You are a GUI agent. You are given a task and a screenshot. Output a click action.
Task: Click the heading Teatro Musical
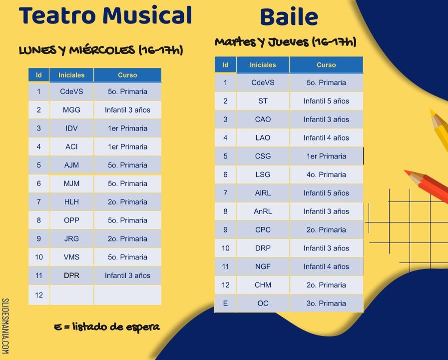tap(105, 15)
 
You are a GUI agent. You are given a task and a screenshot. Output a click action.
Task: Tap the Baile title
tap(289, 17)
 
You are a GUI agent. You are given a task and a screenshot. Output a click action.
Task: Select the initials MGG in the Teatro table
tap(71, 110)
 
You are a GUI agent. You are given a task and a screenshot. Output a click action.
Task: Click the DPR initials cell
tap(71, 275)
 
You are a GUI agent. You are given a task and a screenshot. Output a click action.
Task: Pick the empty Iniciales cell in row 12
tap(71, 295)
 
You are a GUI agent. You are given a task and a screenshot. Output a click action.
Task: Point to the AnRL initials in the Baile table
tap(263, 211)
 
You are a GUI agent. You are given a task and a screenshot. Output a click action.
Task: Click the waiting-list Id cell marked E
tap(225, 303)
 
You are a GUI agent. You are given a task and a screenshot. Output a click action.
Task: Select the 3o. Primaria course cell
tap(326, 303)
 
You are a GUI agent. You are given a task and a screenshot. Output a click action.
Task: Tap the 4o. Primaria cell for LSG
tap(326, 174)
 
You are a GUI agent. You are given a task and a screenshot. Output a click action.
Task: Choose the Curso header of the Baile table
tap(326, 65)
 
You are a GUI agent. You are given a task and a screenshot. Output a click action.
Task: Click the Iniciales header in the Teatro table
tap(71, 75)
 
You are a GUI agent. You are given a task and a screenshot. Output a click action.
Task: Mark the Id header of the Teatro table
tap(38, 75)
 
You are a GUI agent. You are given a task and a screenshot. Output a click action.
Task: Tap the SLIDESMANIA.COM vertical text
tap(5, 326)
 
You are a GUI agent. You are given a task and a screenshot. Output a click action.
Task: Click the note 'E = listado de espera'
tap(106, 327)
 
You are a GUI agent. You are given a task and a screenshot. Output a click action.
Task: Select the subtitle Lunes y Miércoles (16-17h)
tap(101, 50)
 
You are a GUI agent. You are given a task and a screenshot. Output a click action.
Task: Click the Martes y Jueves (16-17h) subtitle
tap(285, 42)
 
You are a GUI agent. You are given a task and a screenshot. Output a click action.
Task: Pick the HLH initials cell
tap(71, 202)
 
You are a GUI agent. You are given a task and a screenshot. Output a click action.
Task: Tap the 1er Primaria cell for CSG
tap(326, 156)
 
